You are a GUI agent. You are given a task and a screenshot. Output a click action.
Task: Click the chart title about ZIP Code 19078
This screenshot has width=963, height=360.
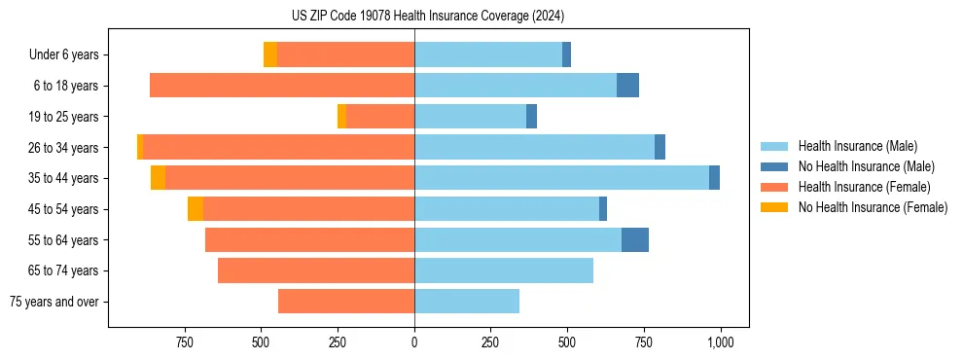coord(428,16)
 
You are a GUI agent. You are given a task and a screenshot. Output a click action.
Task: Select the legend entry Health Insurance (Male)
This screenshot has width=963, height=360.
coord(857,146)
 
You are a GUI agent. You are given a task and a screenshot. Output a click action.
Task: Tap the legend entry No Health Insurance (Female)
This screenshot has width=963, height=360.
coord(873,207)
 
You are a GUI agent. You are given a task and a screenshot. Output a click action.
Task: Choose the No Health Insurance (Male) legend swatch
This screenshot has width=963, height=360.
coord(774,166)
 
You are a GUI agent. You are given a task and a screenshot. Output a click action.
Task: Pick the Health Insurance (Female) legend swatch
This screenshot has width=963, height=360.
coord(774,187)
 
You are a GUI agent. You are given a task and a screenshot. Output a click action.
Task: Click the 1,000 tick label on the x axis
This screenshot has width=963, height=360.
coord(720,342)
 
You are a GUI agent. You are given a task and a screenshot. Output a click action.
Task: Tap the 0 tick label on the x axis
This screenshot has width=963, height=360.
coord(414,342)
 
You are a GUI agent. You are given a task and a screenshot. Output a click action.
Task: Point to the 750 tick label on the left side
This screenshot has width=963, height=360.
coord(184,342)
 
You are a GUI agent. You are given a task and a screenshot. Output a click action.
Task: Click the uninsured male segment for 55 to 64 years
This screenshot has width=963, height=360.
coord(635,239)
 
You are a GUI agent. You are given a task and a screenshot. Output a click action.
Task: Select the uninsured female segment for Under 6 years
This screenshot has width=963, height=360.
coord(270,54)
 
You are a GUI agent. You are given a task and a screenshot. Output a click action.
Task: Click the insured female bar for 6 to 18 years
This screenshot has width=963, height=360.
coord(282,86)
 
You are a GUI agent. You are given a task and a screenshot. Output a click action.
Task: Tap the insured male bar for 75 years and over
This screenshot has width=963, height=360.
coord(467,302)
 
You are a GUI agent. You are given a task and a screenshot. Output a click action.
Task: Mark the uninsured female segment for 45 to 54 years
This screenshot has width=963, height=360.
coord(196,209)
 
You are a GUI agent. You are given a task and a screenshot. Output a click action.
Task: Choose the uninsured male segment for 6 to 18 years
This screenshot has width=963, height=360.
coord(627,86)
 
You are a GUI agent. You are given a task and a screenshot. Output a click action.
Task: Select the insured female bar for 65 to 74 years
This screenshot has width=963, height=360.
coord(316,270)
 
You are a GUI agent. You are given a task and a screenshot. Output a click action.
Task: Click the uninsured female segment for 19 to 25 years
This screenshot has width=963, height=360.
coord(341,117)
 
